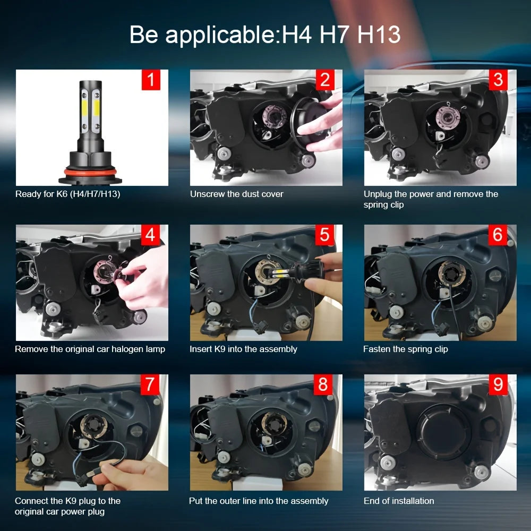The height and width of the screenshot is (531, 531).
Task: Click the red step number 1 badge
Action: [x=151, y=80]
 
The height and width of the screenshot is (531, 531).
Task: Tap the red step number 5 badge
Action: [x=325, y=235]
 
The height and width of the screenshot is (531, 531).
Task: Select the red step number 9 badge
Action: [x=498, y=384]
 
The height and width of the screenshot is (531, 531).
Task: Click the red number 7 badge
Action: [x=150, y=384]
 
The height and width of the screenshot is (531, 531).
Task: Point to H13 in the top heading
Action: [x=379, y=35]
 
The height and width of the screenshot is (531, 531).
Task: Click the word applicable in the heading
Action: [x=220, y=35]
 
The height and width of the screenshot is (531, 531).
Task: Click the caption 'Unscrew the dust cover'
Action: [x=236, y=194]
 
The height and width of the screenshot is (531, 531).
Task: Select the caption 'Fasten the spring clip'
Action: [x=405, y=349]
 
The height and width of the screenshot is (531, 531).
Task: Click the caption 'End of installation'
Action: [x=399, y=501]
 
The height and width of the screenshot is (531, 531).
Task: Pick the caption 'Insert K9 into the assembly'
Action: [x=243, y=349]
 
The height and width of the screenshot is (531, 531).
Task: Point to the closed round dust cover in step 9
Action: [x=443, y=431]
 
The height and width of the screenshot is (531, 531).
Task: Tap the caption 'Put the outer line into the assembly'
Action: [x=259, y=501]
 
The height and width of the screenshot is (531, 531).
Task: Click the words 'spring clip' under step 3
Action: [x=383, y=205]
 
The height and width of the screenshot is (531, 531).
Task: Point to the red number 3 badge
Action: [x=498, y=80]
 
